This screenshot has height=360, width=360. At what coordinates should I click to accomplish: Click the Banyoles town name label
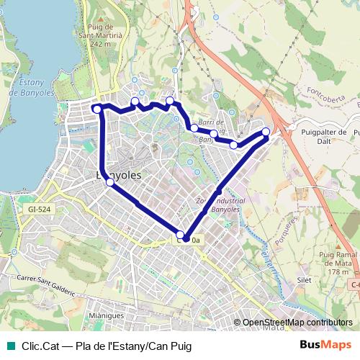(119, 175)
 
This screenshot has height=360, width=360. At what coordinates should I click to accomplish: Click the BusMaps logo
(325, 346)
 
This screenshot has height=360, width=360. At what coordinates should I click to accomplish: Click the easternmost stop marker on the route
(266, 132)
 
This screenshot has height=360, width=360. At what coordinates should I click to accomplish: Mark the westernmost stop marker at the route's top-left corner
(97, 109)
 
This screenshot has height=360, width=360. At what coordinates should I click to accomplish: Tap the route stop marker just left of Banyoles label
(109, 182)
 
